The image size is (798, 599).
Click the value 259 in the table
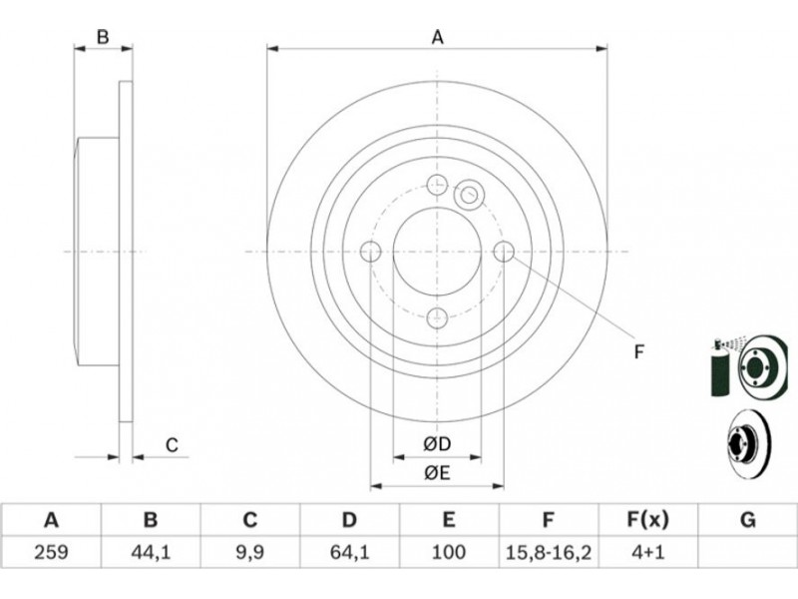(x=51, y=552)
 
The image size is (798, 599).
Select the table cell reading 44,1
(x=151, y=552)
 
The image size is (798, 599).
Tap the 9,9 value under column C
(x=250, y=552)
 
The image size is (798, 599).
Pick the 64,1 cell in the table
(x=349, y=552)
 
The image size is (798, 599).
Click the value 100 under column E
(x=448, y=552)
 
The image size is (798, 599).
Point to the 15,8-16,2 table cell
(x=548, y=552)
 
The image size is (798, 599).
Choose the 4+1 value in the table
(x=647, y=552)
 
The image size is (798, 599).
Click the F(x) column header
(x=647, y=520)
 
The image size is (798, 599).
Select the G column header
(x=747, y=520)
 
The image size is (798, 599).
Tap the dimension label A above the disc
(x=438, y=37)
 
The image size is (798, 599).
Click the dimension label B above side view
(x=103, y=37)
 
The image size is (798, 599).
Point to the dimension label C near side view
(x=172, y=445)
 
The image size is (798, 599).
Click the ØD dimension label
(x=437, y=444)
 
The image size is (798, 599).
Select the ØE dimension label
(x=437, y=473)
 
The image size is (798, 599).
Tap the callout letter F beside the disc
(x=639, y=352)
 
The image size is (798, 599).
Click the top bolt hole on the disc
(x=437, y=185)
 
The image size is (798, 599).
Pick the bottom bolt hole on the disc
(x=437, y=318)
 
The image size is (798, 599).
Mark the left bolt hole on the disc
(x=370, y=252)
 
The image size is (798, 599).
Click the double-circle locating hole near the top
(x=469, y=194)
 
